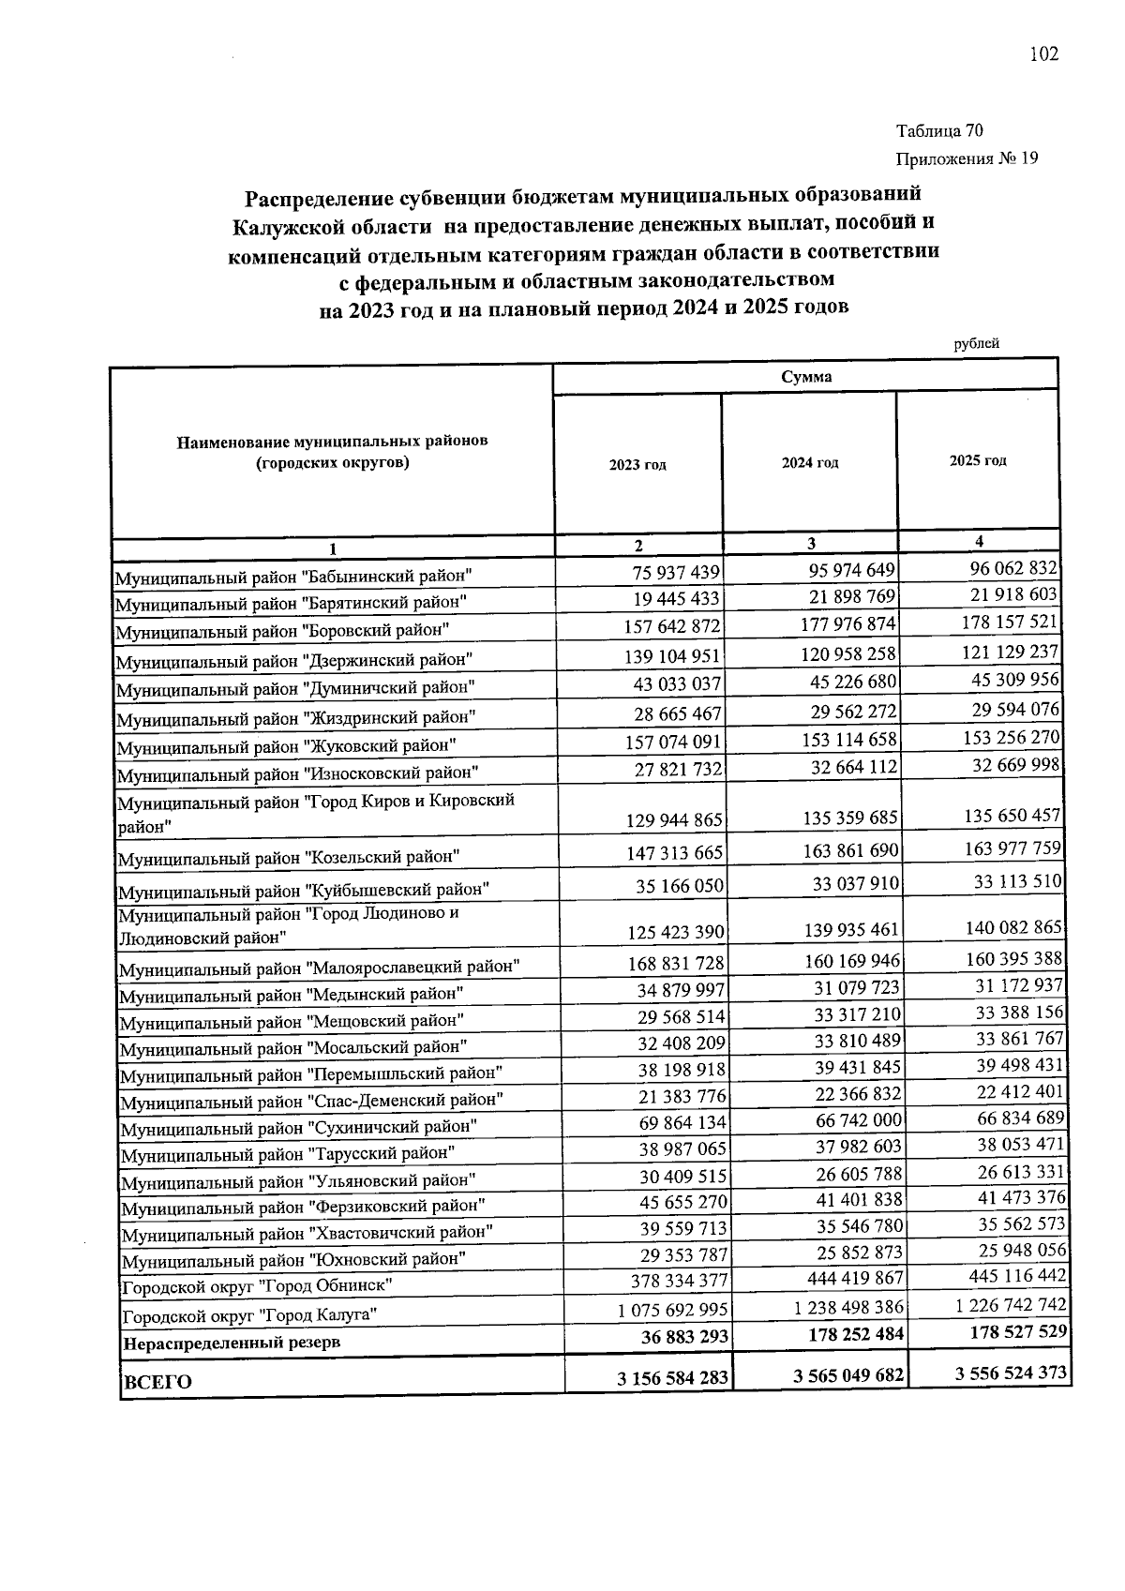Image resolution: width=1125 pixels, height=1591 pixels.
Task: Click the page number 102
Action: coord(1043,54)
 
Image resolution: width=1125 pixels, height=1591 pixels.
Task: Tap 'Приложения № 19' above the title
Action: coord(967,158)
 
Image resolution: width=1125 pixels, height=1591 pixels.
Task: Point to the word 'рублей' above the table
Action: coord(976,343)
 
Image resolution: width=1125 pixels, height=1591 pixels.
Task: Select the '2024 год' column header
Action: coord(810,463)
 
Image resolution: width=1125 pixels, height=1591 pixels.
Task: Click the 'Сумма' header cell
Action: coord(806,377)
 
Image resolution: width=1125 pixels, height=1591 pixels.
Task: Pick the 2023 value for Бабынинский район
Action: coord(671,572)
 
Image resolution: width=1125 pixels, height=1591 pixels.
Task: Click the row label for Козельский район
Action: coord(288,857)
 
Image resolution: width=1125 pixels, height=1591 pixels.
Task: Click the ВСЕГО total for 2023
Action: coord(671,1378)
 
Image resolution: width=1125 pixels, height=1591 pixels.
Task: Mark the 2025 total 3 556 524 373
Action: coord(1010,1373)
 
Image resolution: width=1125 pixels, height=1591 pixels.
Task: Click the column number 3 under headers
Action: coord(810,543)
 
